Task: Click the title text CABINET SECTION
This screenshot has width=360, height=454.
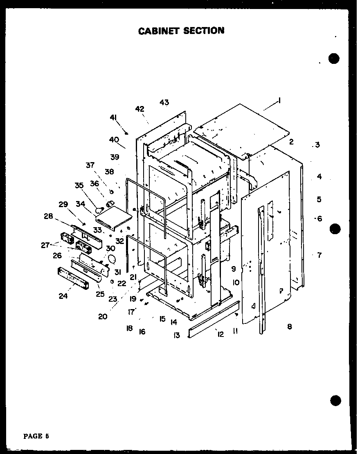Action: point(181,31)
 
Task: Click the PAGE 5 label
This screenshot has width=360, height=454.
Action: point(36,436)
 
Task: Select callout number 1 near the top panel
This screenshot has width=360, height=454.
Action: point(279,99)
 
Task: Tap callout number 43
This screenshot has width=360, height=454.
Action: point(164,102)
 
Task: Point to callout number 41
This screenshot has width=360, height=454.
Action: point(113,117)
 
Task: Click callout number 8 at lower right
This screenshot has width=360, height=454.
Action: point(290,327)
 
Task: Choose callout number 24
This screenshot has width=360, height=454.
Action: point(63,296)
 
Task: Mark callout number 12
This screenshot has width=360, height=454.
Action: point(220,334)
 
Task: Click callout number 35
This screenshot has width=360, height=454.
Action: point(79,185)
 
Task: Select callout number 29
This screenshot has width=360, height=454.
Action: point(63,204)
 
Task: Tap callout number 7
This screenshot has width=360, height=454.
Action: point(319,255)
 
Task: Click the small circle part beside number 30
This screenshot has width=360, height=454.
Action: point(111,259)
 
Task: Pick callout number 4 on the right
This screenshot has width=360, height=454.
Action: point(319,177)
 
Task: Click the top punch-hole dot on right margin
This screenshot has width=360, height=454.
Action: point(334,59)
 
